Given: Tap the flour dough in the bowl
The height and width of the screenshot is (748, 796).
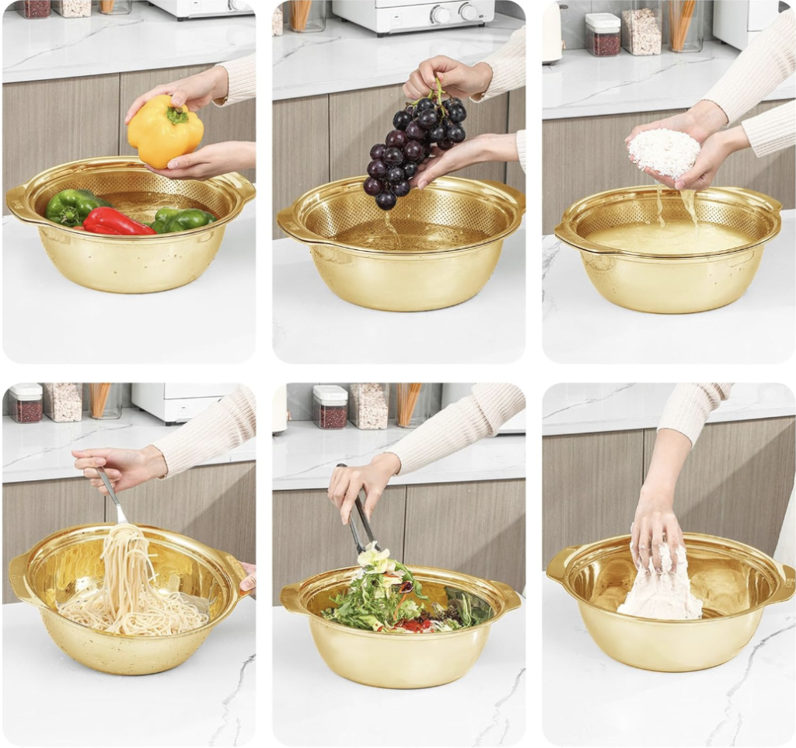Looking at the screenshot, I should (x=659, y=594).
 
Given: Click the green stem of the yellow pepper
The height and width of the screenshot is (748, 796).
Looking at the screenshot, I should (x=178, y=115).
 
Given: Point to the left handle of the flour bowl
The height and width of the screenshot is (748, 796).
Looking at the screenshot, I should (x=559, y=568).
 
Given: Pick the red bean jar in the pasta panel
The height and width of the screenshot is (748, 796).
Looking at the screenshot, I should (x=26, y=403).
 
